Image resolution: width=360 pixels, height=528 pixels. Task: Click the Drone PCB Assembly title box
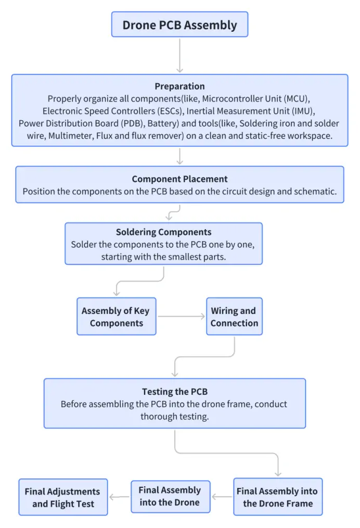[179, 24]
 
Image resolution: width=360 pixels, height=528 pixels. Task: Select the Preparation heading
[179, 86]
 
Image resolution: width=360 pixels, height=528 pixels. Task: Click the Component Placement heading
[179, 179]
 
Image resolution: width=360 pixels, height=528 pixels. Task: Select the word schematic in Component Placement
[317, 191]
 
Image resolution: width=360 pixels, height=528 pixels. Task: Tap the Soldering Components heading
[163, 232]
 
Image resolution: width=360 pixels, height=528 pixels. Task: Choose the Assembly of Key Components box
[116, 317]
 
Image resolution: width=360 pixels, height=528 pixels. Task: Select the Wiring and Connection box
[234, 317]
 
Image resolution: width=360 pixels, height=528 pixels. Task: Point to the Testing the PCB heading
[175, 392]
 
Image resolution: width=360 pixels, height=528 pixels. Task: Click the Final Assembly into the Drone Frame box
[278, 497]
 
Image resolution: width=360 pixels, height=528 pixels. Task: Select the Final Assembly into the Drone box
[170, 496]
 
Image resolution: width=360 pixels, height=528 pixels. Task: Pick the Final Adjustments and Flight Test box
[63, 497]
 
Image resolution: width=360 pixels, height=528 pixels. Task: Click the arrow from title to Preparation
[179, 55]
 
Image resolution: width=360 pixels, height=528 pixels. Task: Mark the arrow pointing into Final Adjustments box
[120, 497]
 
